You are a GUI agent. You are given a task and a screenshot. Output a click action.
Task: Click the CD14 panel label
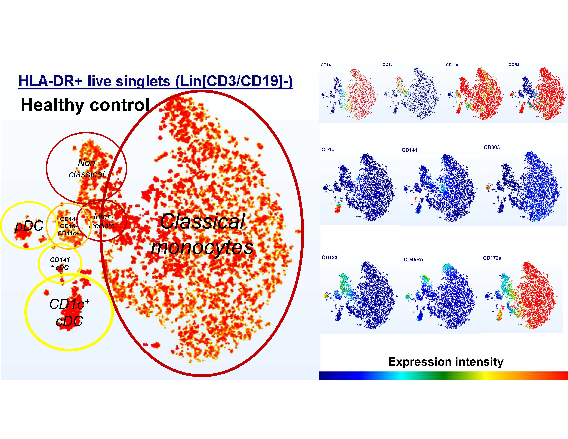(326, 65)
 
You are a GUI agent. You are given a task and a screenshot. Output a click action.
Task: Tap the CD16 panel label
(387, 64)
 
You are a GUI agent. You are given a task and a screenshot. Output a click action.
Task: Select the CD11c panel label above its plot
(452, 65)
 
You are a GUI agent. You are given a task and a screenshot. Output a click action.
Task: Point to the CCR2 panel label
(514, 64)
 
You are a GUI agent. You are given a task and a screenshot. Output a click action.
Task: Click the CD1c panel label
(328, 150)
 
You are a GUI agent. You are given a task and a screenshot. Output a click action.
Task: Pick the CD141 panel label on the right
(409, 150)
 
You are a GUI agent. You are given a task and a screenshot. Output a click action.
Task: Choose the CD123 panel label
(330, 257)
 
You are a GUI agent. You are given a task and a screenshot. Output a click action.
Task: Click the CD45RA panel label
(413, 260)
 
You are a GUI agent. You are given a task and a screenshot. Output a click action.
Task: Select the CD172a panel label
(492, 258)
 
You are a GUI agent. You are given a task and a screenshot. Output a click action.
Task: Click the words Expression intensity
(446, 362)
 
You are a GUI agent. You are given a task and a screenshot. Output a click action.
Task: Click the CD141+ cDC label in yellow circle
(60, 263)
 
